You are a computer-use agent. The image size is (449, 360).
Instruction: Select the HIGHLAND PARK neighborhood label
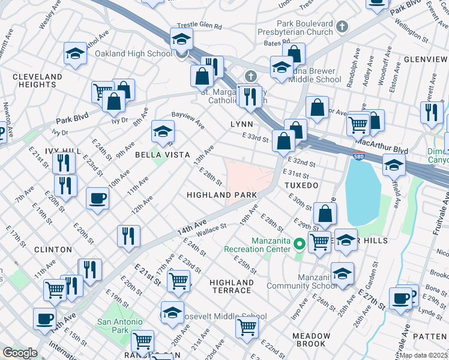[x=221, y=196]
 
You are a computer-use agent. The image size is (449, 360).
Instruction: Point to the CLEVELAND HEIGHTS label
[x=37, y=81]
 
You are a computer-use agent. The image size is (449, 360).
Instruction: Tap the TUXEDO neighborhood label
[x=301, y=185]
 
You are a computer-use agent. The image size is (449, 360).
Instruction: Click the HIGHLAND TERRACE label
[x=232, y=286]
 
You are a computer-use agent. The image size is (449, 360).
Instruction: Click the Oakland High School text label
[x=133, y=54]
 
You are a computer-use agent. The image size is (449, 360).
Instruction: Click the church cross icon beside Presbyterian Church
[x=342, y=26]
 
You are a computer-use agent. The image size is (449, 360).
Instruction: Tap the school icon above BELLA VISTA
[x=163, y=131]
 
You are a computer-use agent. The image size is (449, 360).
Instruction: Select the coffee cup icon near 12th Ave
[x=97, y=197]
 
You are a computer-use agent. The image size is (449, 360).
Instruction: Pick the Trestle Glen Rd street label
[x=199, y=27]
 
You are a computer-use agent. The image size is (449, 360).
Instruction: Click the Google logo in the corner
[x=20, y=353]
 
